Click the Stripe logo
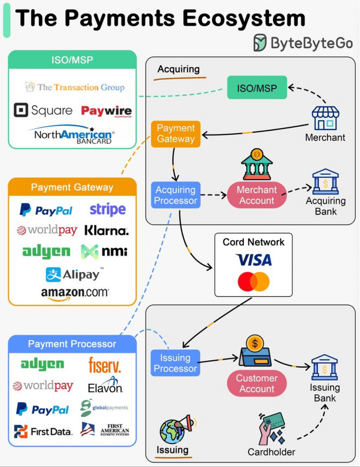pyautogui.click(x=107, y=209)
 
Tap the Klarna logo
pyautogui.click(x=106, y=230)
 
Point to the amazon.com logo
pyautogui.click(x=75, y=293)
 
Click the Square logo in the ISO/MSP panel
pyautogui.click(x=43, y=110)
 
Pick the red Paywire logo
pyautogui.click(x=106, y=111)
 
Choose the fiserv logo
pyautogui.click(x=104, y=365)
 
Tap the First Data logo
pyautogui.click(x=43, y=431)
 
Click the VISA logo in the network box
pyautogui.click(x=254, y=260)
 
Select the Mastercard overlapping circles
pyautogui.click(x=254, y=282)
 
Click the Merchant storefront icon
pyautogui.click(x=326, y=118)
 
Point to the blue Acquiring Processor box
pyautogui.click(x=175, y=195)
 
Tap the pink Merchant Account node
pyautogui.click(x=257, y=195)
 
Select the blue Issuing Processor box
pyautogui.click(x=175, y=363)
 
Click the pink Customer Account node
pyautogui.click(x=257, y=383)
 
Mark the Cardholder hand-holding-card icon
pyautogui.click(x=272, y=428)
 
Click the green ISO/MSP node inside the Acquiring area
pyautogui.click(x=257, y=88)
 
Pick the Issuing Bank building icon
pyautogui.click(x=325, y=367)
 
